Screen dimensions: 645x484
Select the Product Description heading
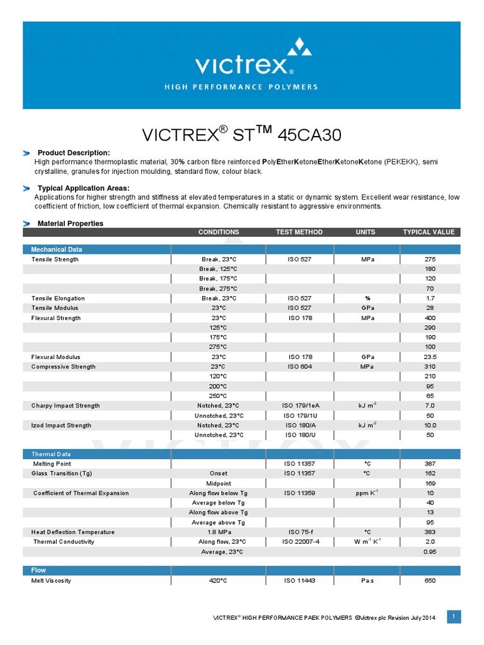point(74,153)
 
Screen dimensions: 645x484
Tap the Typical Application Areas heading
point(84,188)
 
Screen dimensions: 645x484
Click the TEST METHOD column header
point(299,232)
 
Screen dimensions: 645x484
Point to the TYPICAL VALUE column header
point(429,232)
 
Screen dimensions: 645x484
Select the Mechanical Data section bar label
point(57,249)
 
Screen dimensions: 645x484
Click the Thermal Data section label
point(51,454)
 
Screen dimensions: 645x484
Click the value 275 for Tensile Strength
point(430,260)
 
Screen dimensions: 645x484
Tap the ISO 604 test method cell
point(299,367)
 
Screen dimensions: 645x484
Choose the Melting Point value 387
point(430,464)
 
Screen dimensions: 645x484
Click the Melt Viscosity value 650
point(430,581)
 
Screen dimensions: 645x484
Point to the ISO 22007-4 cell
point(299,542)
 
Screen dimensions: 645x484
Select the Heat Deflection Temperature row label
point(73,532)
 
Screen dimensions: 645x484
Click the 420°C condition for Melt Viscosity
point(219,581)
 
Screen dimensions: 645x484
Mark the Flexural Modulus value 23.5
point(430,357)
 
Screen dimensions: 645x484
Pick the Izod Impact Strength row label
point(61,425)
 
